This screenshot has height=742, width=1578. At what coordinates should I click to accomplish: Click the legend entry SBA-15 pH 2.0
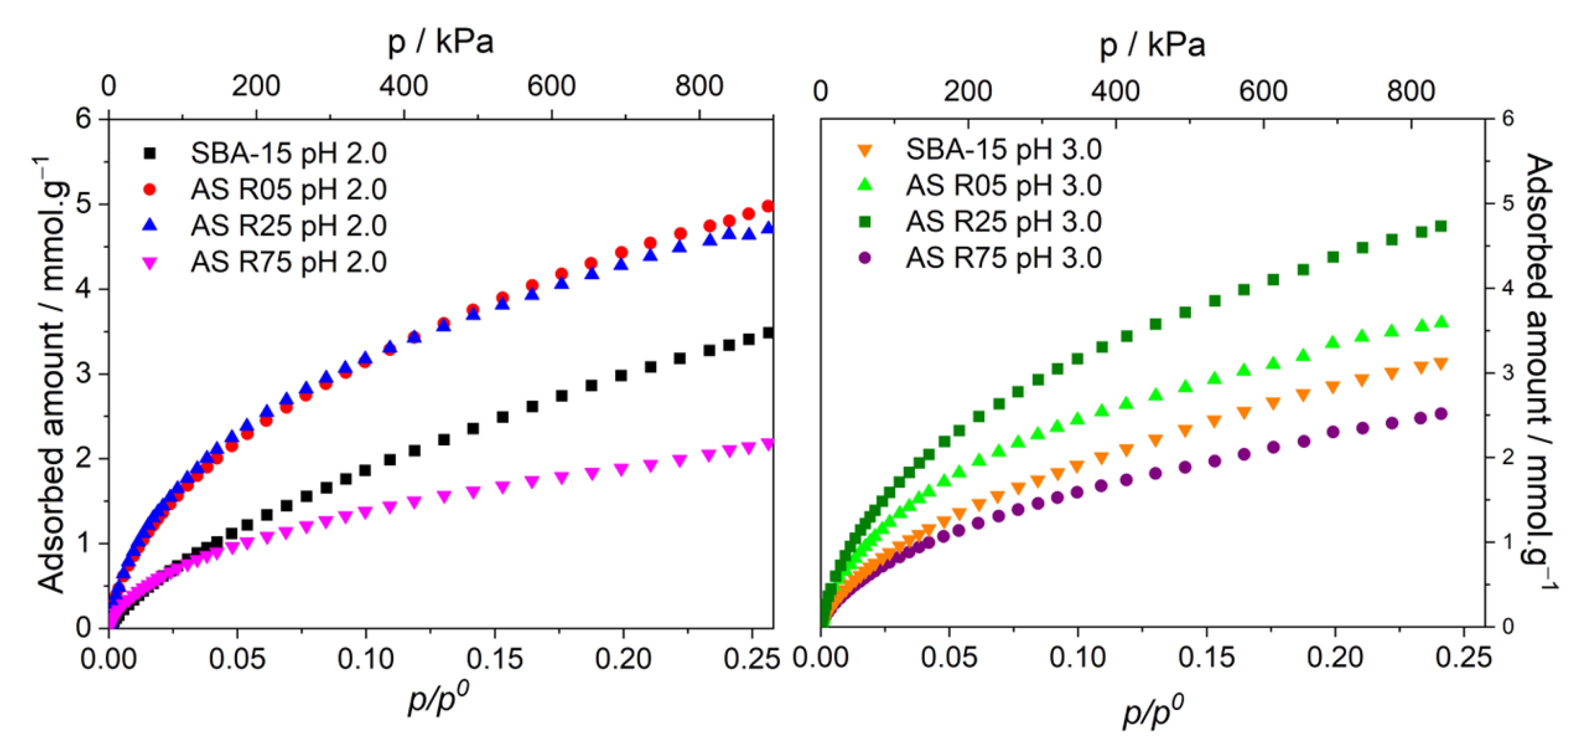tap(288, 152)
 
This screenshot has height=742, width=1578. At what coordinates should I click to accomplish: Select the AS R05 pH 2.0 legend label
tap(288, 189)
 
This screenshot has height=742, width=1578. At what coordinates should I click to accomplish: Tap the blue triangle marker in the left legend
tap(149, 225)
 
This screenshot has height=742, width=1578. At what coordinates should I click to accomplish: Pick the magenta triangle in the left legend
tap(149, 263)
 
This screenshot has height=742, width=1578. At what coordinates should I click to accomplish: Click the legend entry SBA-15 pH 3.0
tap(1003, 149)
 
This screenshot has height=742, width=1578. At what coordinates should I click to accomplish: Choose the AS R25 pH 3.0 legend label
tap(1003, 222)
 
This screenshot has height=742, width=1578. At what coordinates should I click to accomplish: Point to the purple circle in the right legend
tap(865, 258)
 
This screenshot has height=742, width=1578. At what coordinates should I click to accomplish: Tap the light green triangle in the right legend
tap(865, 184)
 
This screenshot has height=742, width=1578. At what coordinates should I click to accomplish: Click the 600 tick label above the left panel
tap(551, 86)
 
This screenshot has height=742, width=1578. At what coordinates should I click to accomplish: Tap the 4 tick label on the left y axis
tap(83, 288)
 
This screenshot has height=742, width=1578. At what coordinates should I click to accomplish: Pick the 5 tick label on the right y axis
tap(1508, 203)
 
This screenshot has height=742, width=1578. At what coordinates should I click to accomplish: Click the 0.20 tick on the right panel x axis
tap(1334, 657)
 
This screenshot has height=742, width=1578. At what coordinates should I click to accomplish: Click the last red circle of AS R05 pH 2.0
tap(768, 206)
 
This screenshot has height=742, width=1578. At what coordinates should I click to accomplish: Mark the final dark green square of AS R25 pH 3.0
tap(1441, 226)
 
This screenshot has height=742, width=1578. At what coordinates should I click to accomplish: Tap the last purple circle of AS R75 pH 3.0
tap(1441, 413)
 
